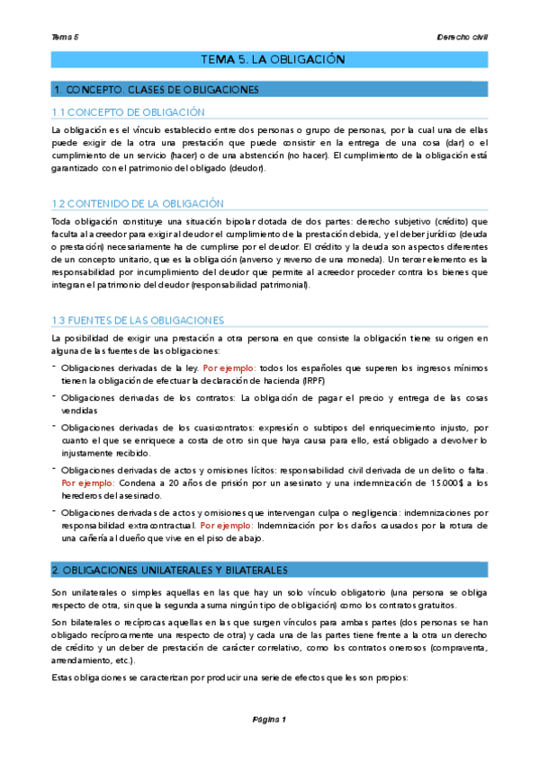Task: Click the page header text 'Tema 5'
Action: (66, 37)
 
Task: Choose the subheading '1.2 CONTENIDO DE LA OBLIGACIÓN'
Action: (138, 204)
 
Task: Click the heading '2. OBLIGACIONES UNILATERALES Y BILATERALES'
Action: (169, 570)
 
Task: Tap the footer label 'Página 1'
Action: (268, 719)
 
